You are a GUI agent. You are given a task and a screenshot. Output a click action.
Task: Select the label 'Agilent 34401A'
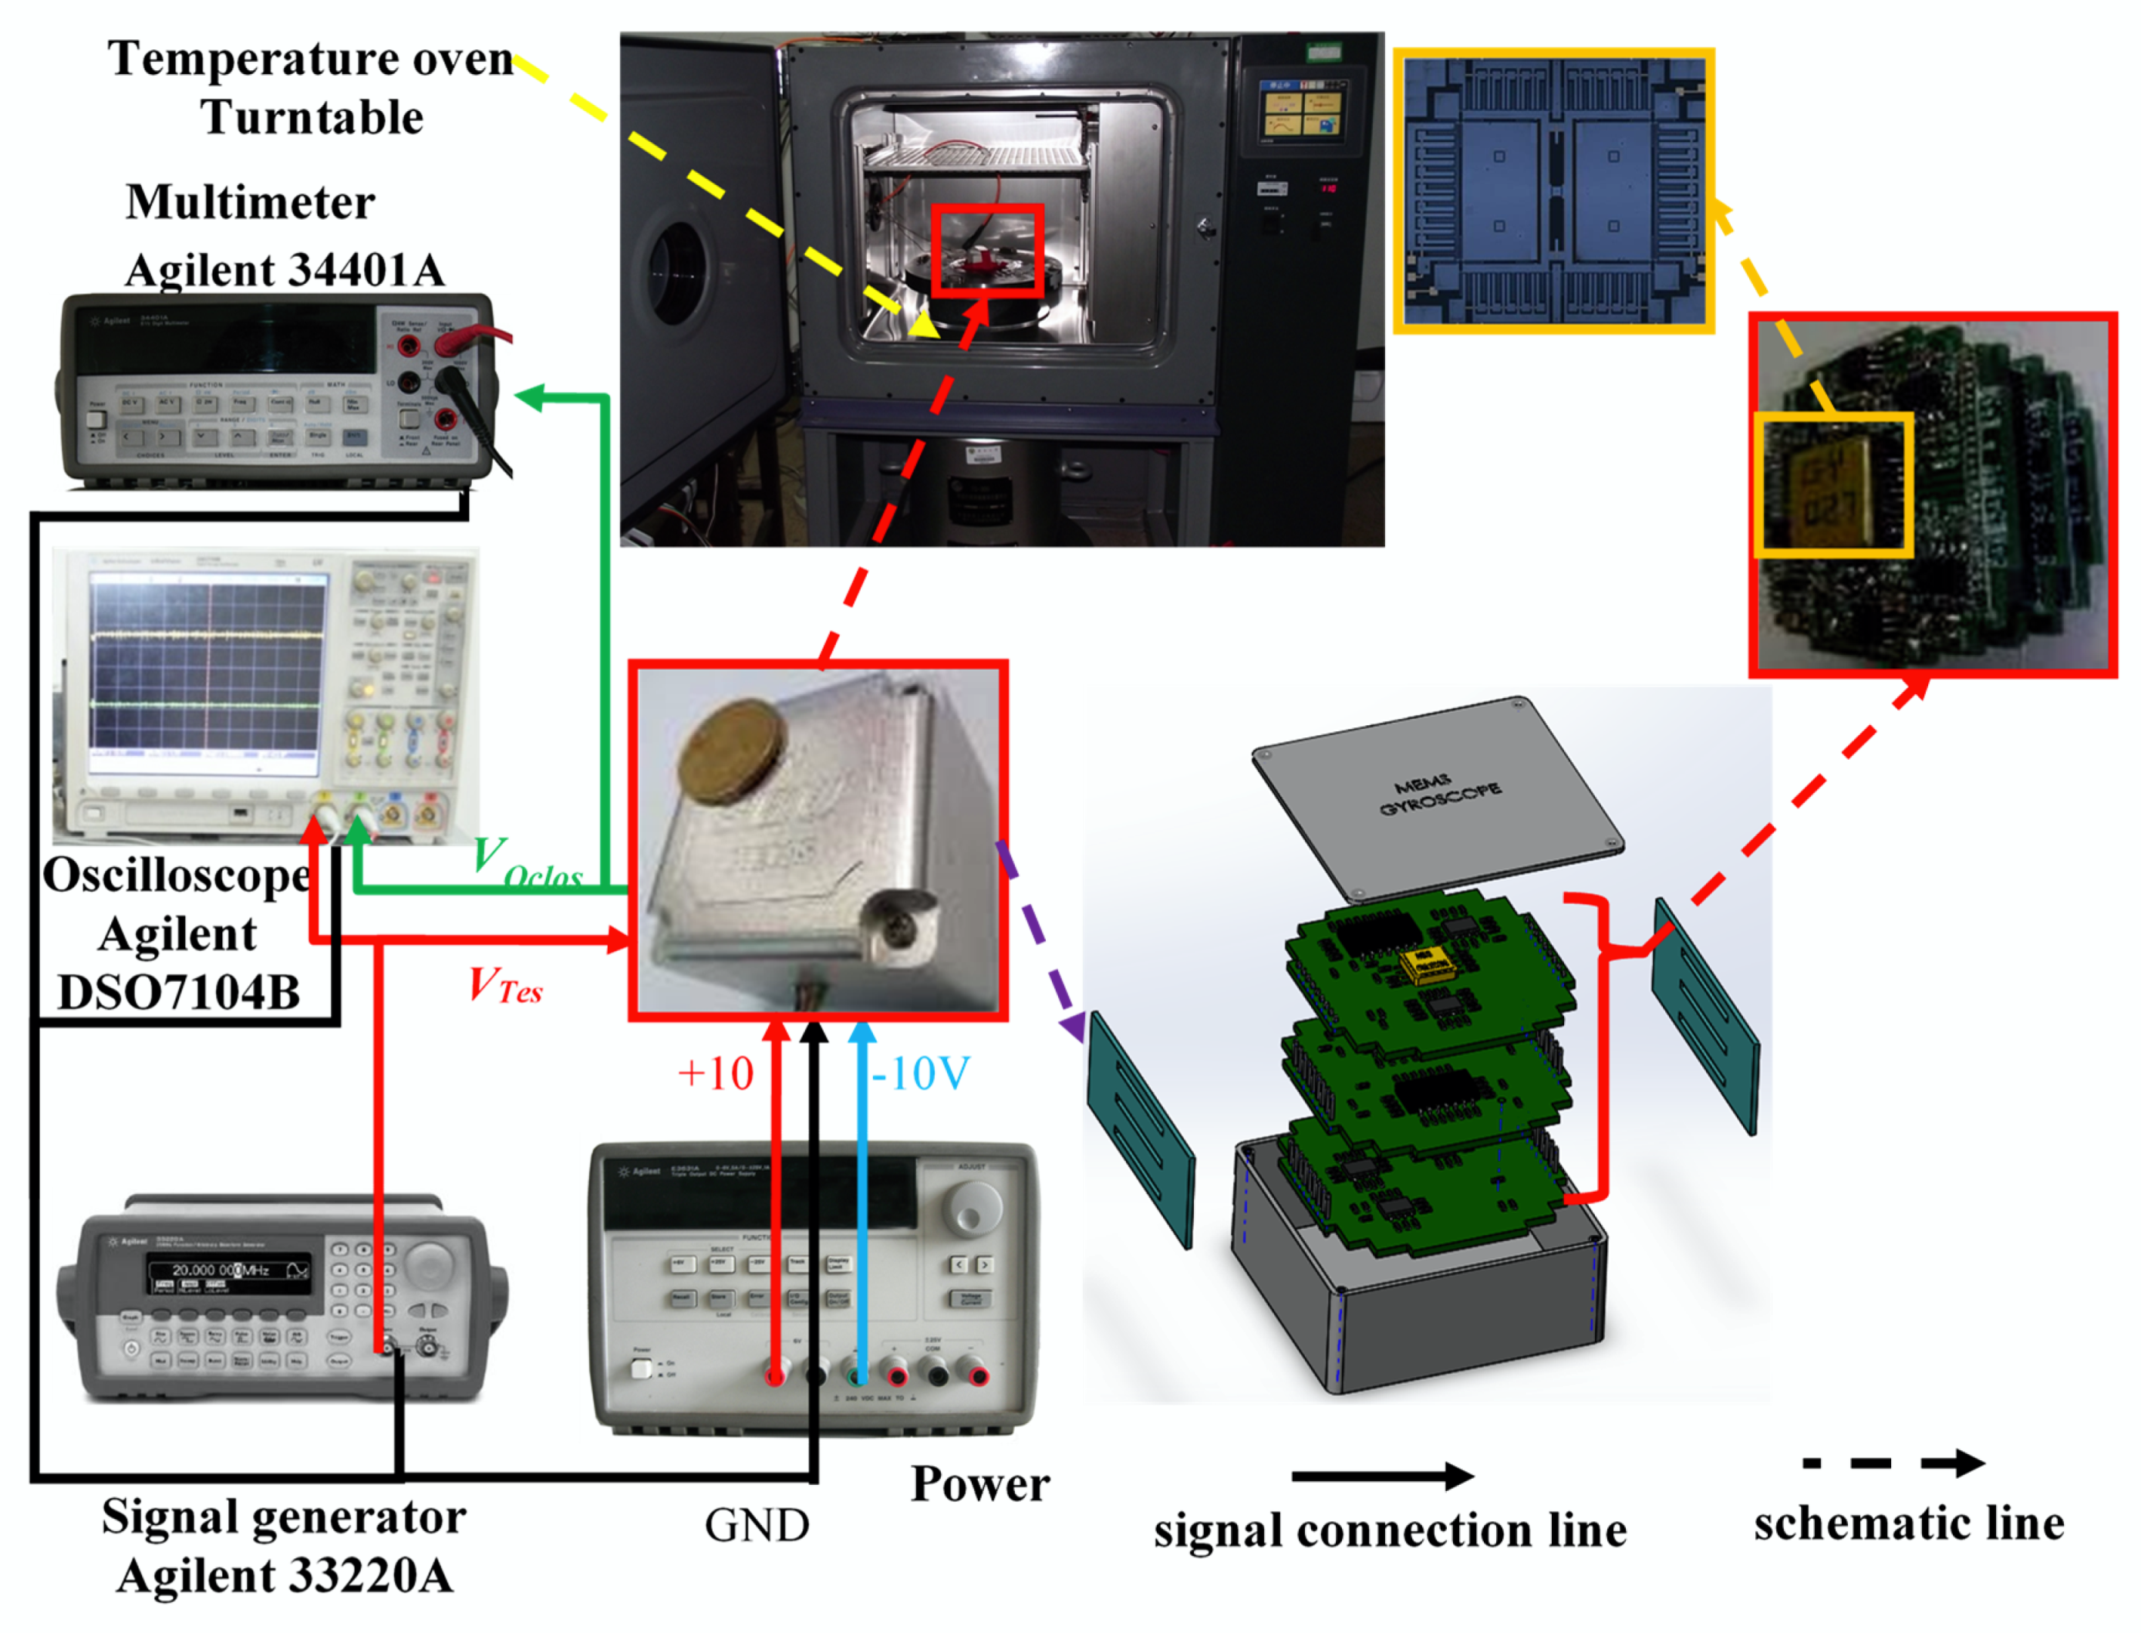coord(285,270)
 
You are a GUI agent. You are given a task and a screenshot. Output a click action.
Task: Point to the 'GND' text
coord(756,1525)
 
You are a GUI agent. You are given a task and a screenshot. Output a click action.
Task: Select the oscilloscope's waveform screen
coord(205,673)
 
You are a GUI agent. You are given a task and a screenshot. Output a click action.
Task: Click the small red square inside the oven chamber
coord(987,251)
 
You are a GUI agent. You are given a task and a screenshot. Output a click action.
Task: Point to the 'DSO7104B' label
coord(179,994)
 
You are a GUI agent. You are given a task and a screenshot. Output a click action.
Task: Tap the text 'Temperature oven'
coord(310,59)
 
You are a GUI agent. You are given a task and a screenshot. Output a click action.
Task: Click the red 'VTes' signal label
coord(504,986)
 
